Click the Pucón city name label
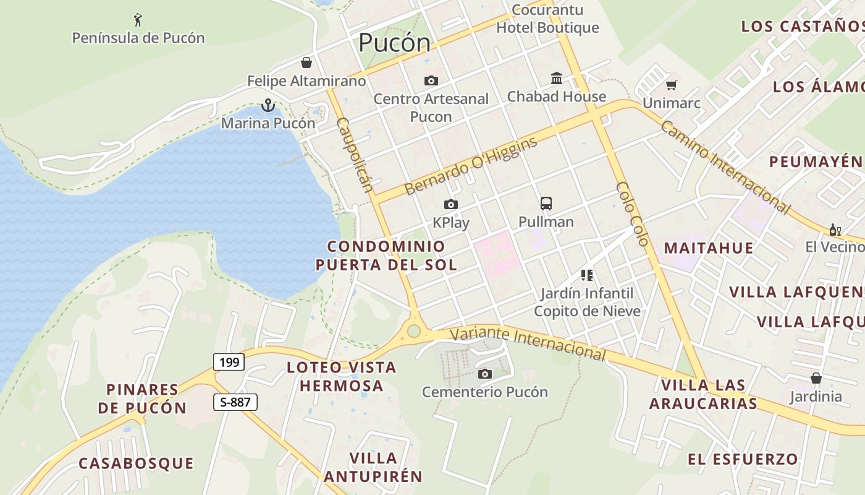click(x=394, y=43)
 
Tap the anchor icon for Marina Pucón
click(x=268, y=105)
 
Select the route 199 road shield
click(x=229, y=362)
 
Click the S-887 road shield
click(x=235, y=402)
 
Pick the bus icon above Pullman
click(x=546, y=204)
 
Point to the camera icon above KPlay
click(x=451, y=205)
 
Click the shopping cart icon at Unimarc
click(x=671, y=85)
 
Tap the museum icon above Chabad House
click(x=557, y=79)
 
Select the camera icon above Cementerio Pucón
click(x=485, y=374)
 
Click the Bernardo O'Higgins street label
click(x=471, y=166)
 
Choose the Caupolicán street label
click(x=355, y=155)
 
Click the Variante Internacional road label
click(x=528, y=343)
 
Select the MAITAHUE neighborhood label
click(x=708, y=248)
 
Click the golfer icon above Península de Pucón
click(x=138, y=20)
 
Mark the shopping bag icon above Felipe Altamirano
click(x=306, y=62)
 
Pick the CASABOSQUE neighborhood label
click(x=136, y=463)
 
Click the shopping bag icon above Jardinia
click(x=816, y=378)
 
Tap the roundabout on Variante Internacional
click(x=413, y=332)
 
